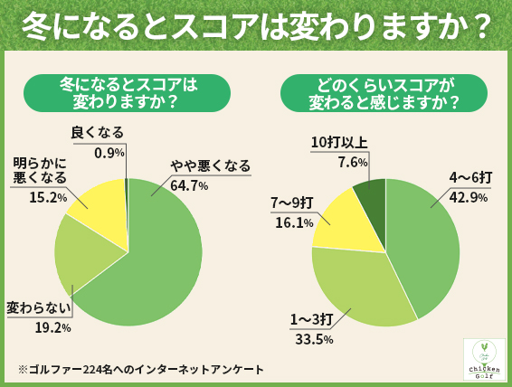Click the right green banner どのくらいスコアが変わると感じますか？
click(384, 92)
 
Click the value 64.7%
click(189, 185)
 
